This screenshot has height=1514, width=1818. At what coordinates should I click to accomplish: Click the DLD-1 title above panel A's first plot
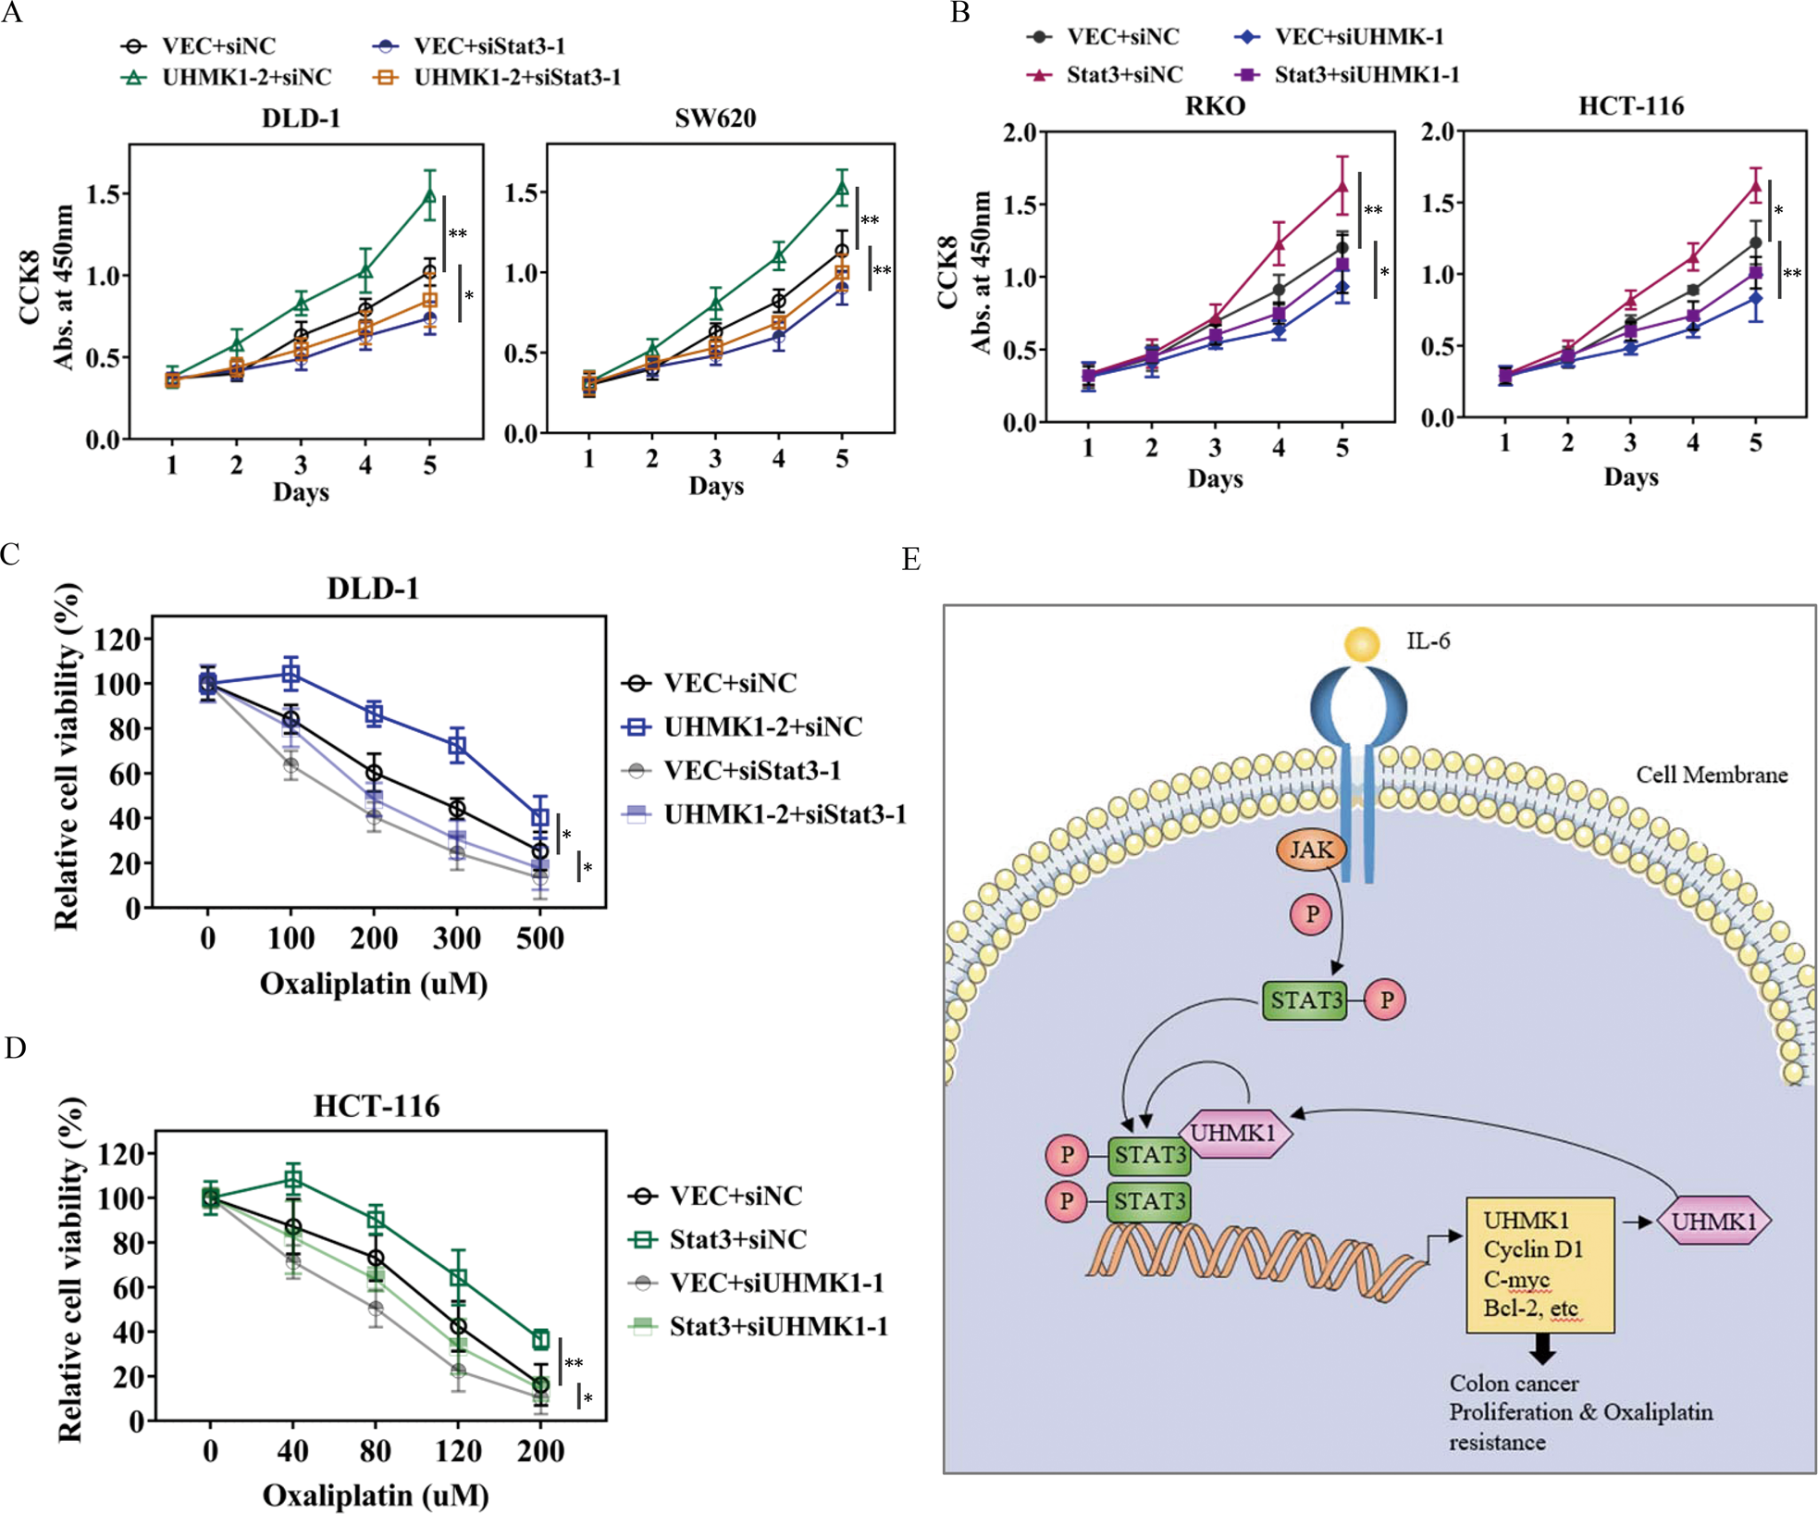pyautogui.click(x=301, y=118)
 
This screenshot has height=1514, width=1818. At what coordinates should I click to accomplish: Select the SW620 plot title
pyautogui.click(x=715, y=118)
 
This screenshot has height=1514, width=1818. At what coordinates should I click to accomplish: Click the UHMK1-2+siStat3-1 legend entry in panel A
pyautogui.click(x=516, y=78)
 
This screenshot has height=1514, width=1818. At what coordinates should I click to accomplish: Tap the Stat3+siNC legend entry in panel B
pyautogui.click(x=1124, y=75)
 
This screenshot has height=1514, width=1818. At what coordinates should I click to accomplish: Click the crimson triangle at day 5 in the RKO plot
pyautogui.click(x=1342, y=187)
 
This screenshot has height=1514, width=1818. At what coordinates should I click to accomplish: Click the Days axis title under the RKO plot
pyautogui.click(x=1215, y=479)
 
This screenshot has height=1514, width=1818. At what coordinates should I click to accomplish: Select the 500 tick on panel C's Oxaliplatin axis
pyautogui.click(x=540, y=938)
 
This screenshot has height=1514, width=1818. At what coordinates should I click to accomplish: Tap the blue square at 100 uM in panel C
pyautogui.click(x=291, y=675)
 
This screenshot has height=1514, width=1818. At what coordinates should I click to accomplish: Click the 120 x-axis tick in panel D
pyautogui.click(x=458, y=1450)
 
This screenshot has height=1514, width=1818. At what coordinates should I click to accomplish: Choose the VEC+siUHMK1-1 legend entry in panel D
pyautogui.click(x=775, y=1283)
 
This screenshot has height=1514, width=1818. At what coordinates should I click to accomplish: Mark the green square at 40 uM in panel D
pyautogui.click(x=292, y=1180)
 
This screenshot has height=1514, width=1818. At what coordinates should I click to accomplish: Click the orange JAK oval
pyautogui.click(x=1311, y=850)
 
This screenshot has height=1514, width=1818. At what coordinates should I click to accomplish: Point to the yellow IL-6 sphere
pyautogui.click(x=1362, y=644)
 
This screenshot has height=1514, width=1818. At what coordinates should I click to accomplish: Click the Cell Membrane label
pyautogui.click(x=1711, y=776)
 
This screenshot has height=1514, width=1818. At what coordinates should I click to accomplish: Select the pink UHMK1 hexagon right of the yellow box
pyautogui.click(x=1713, y=1222)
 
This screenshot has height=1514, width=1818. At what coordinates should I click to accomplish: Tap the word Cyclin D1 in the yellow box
pyautogui.click(x=1533, y=1249)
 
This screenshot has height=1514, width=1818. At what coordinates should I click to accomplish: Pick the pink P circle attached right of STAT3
pyautogui.click(x=1386, y=1000)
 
